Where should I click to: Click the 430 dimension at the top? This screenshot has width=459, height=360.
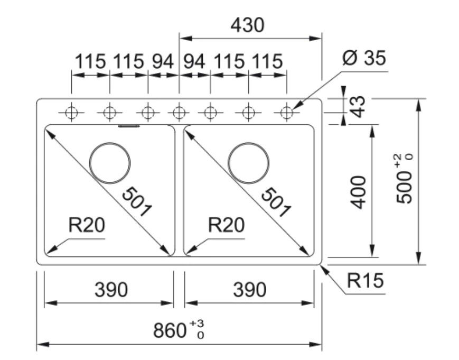click(x=247, y=25)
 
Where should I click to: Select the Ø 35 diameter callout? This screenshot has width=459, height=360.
click(x=364, y=58)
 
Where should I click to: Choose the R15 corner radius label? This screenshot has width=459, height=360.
click(x=365, y=281)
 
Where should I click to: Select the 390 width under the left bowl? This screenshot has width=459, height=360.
click(x=111, y=290)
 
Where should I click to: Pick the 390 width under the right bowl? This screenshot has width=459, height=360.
click(x=249, y=290)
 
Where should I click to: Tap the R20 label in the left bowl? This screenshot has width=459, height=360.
click(x=87, y=225)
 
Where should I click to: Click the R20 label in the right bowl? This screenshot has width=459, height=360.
click(x=227, y=225)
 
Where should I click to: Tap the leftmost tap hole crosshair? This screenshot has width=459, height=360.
click(x=72, y=113)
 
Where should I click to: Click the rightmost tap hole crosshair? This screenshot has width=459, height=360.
click(x=287, y=113)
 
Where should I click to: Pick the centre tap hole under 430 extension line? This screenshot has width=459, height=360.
click(x=179, y=113)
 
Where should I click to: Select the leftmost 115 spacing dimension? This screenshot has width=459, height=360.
click(x=90, y=62)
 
